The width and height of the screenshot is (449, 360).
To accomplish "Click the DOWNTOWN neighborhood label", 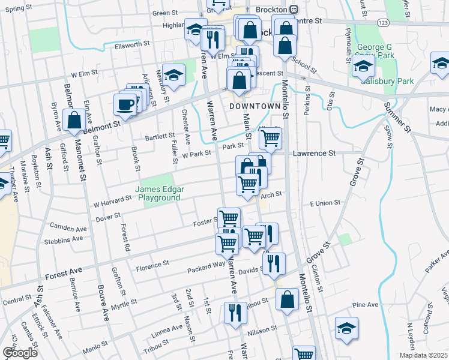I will (255, 106).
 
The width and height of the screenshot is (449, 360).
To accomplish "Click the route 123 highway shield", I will (382, 22).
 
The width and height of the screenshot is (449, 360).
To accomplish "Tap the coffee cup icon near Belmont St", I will (125, 104).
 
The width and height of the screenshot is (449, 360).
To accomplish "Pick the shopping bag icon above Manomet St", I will (75, 120).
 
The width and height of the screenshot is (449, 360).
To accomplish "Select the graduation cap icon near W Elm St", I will (173, 74).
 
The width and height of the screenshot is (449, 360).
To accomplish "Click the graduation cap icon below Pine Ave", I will (346, 328).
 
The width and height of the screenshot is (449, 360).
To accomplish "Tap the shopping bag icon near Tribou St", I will (288, 300).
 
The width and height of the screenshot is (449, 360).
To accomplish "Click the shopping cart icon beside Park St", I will (271, 137).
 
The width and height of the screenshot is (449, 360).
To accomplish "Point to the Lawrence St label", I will (314, 154).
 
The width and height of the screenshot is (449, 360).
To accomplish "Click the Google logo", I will (19, 353).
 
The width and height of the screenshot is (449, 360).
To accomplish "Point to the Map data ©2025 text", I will (423, 355).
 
